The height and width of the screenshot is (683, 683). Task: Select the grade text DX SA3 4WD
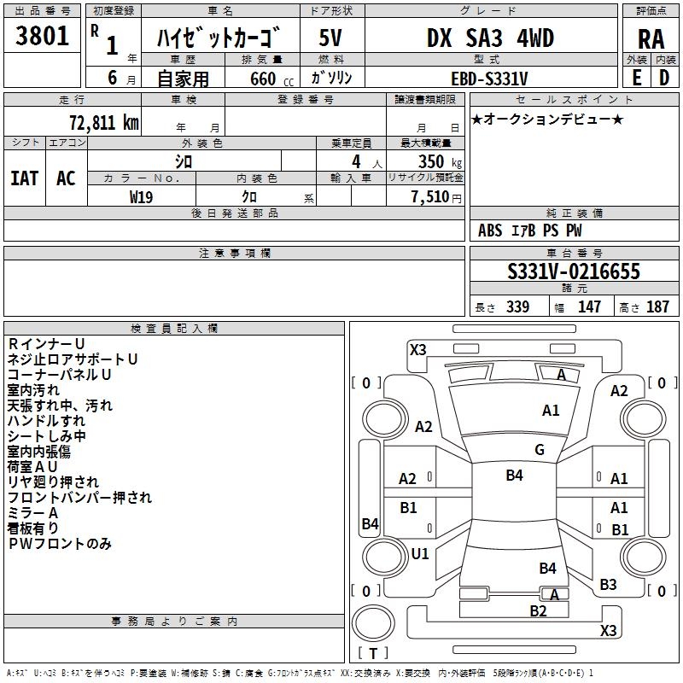tap(490, 39)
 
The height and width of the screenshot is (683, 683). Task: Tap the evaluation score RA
tap(651, 39)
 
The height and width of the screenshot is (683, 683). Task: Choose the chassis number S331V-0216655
tap(573, 272)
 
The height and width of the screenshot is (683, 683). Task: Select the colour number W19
tap(141, 196)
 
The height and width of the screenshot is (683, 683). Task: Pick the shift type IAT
tap(24, 178)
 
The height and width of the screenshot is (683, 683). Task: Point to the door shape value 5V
tap(331, 39)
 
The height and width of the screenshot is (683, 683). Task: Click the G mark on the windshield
tap(539, 450)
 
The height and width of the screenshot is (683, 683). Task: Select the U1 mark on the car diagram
tap(420, 553)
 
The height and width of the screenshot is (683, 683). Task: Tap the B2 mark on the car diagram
tap(538, 610)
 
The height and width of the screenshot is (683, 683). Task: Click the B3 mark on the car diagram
tap(608, 585)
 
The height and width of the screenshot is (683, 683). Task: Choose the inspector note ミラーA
tap(32, 512)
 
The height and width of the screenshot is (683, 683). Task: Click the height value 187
tap(657, 307)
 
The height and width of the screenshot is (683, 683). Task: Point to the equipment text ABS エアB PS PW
tap(529, 231)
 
